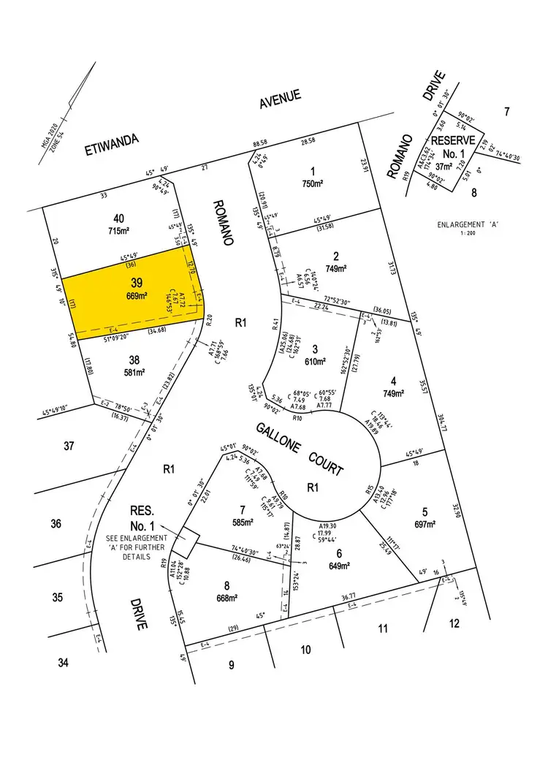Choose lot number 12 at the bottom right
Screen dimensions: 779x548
pyautogui.click(x=454, y=623)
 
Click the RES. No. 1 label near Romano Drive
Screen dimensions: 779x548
pyautogui.click(x=142, y=518)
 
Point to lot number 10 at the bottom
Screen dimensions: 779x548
pyautogui.click(x=305, y=649)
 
